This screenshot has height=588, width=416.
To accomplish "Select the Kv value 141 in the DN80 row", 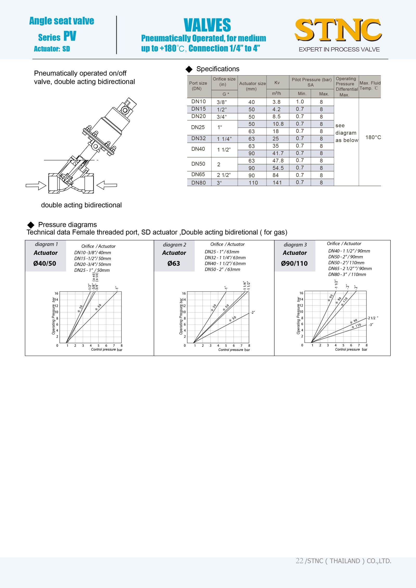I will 277,183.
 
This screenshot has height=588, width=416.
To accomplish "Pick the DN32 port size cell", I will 198,138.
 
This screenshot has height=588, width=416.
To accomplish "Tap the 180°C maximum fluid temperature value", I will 373,137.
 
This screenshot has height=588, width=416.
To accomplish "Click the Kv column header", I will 277,83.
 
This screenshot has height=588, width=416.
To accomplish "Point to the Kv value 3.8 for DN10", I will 276,102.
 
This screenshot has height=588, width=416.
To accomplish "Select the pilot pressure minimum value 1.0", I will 300,102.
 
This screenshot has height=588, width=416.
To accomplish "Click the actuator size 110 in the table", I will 253,183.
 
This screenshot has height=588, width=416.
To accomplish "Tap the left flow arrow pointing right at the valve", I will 36,186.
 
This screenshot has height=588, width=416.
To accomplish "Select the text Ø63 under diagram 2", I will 174,263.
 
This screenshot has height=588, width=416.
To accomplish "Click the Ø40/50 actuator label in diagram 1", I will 45,263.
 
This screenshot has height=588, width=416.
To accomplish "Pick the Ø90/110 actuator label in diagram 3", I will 294,263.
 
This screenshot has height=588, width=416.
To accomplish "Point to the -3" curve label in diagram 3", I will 371,325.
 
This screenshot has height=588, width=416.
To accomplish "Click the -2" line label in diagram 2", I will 253,313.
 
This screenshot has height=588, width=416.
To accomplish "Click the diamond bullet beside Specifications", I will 189,69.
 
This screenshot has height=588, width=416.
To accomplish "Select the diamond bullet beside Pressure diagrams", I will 31,225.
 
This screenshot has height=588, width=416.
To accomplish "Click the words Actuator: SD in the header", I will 52,49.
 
